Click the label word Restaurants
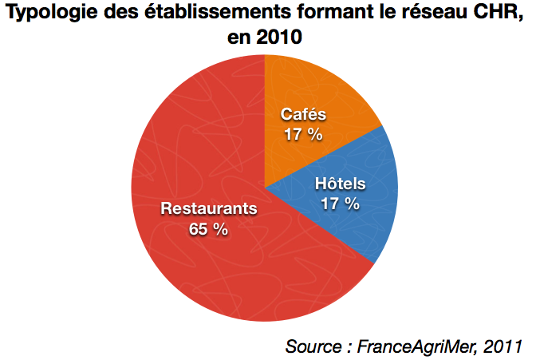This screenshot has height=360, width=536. tap(209, 209)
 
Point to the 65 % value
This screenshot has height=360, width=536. tap(209, 229)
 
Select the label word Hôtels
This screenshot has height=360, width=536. tap(340, 184)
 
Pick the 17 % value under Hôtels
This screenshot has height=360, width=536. tap(340, 204)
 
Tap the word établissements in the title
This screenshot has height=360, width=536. tap(200, 13)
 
